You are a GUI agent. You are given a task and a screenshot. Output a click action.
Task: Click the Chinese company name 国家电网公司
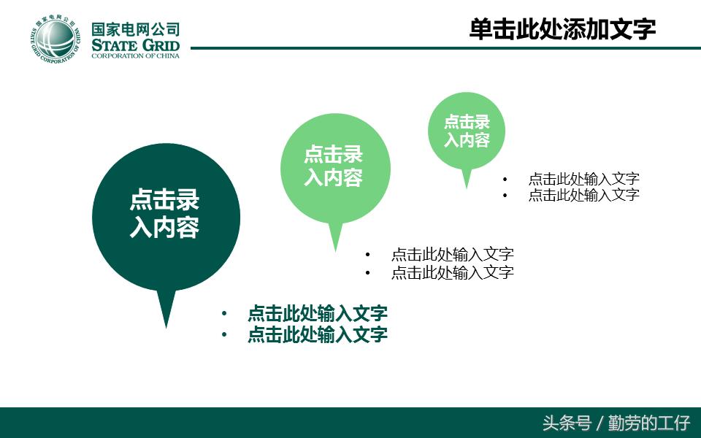pyautogui.click(x=135, y=29)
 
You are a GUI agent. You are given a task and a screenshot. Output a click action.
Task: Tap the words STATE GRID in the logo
pyautogui.click(x=135, y=45)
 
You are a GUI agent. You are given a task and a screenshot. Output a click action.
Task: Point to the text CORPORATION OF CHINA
pyautogui.click(x=135, y=56)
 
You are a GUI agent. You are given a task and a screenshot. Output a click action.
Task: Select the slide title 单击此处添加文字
pyautogui.click(x=562, y=29)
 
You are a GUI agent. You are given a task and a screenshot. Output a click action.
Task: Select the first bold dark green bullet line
pyautogui.click(x=317, y=314)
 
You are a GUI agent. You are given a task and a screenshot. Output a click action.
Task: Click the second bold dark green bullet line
pyautogui.click(x=317, y=334)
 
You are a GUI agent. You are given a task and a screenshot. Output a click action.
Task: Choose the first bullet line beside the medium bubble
pyautogui.click(x=452, y=255)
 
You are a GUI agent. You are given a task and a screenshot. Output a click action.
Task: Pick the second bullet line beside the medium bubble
pyautogui.click(x=452, y=272)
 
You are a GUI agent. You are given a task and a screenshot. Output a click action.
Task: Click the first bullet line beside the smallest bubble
pyautogui.click(x=583, y=179)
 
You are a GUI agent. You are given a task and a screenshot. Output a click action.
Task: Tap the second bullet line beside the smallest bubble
pyautogui.click(x=583, y=195)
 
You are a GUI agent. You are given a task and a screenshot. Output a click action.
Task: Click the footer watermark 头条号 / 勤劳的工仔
pyautogui.click(x=616, y=423)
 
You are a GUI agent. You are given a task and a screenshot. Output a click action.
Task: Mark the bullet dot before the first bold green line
pyautogui.click(x=224, y=314)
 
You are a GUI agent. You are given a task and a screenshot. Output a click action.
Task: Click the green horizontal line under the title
pyautogui.click(x=438, y=49)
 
